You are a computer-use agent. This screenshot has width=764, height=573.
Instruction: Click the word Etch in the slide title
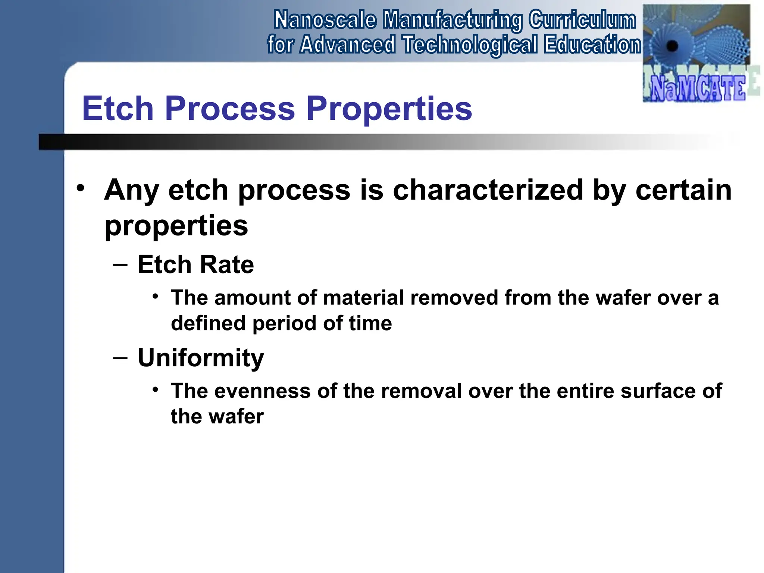click(x=118, y=109)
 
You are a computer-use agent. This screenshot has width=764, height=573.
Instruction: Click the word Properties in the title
click(x=389, y=109)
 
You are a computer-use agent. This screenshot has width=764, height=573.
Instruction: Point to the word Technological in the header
click(x=470, y=45)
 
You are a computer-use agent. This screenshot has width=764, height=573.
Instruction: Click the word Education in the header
click(x=592, y=45)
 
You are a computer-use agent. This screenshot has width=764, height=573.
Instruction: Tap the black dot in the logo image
click(x=672, y=46)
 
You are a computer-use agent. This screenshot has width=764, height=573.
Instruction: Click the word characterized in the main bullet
click(x=488, y=190)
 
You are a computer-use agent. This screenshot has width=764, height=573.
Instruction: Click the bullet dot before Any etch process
click(x=81, y=188)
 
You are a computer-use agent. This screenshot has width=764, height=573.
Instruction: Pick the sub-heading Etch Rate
click(x=195, y=264)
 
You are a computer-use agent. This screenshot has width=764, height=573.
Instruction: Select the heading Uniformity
click(x=201, y=358)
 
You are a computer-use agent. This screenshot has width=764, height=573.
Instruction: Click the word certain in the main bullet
click(x=683, y=190)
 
